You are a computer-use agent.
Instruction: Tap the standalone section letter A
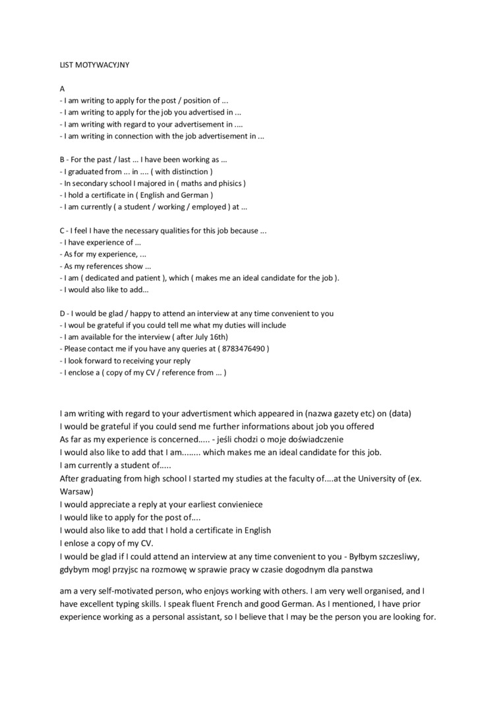pyautogui.click(x=62, y=88)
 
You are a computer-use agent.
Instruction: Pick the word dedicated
pyautogui.click(x=108, y=278)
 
